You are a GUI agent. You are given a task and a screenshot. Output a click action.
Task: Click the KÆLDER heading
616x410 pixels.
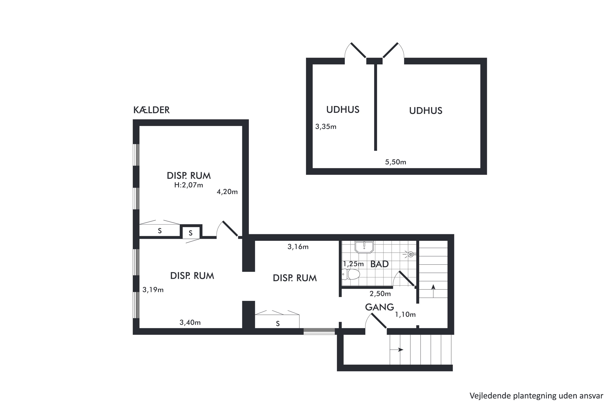pyautogui.click(x=151, y=110)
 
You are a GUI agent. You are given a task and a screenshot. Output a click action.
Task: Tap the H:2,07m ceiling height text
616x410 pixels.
pyautogui.click(x=188, y=185)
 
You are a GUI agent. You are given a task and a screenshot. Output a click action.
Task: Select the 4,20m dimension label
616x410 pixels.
pyautogui.click(x=227, y=192)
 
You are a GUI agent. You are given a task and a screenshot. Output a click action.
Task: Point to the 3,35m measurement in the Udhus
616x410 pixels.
pyautogui.click(x=325, y=127)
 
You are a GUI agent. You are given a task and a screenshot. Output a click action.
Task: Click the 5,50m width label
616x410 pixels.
pyautogui.click(x=395, y=162)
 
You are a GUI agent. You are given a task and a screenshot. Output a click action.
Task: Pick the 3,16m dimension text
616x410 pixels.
pyautogui.click(x=298, y=247)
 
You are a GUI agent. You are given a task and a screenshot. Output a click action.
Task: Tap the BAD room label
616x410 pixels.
pyautogui.click(x=379, y=264)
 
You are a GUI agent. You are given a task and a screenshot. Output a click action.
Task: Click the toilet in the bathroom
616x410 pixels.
pyautogui.click(x=351, y=274)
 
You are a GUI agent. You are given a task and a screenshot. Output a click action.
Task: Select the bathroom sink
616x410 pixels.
pyautogui.click(x=364, y=247)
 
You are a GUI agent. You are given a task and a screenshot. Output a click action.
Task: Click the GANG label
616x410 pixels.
pyautogui.click(x=379, y=307)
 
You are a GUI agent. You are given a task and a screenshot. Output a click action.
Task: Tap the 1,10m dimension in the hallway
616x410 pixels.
pyautogui.click(x=405, y=314)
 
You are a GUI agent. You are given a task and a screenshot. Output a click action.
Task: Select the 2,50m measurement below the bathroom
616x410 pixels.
pyautogui.click(x=380, y=294)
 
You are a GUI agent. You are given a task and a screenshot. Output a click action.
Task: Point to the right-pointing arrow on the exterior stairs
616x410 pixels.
pyautogui.click(x=396, y=350)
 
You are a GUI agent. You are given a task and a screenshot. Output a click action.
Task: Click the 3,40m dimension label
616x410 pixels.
pyautogui.click(x=190, y=323)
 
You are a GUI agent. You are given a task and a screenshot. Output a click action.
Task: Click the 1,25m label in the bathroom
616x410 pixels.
pyautogui.click(x=353, y=264)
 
